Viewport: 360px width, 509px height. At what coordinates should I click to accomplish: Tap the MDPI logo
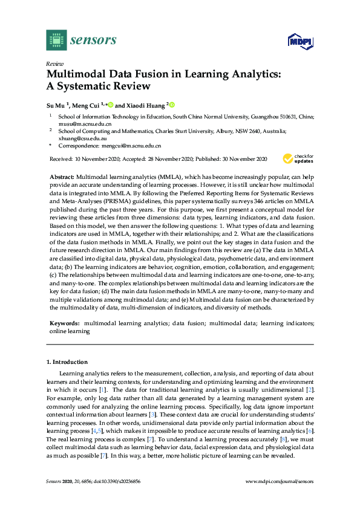tap(298, 41)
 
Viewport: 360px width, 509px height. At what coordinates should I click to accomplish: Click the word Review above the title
tap(54, 63)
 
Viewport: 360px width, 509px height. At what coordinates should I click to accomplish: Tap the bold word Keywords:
tap(64, 324)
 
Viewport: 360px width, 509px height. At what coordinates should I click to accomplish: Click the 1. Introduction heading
tap(67, 362)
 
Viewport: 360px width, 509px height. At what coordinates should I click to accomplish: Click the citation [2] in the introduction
tap(310, 391)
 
